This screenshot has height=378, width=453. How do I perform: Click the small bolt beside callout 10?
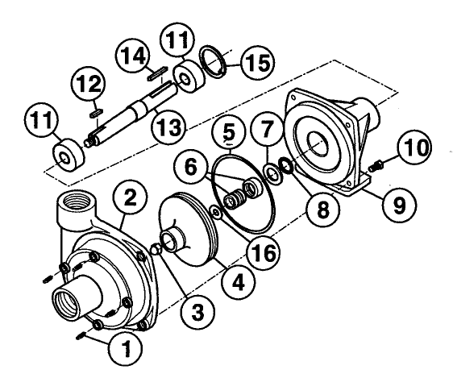(373, 168)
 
